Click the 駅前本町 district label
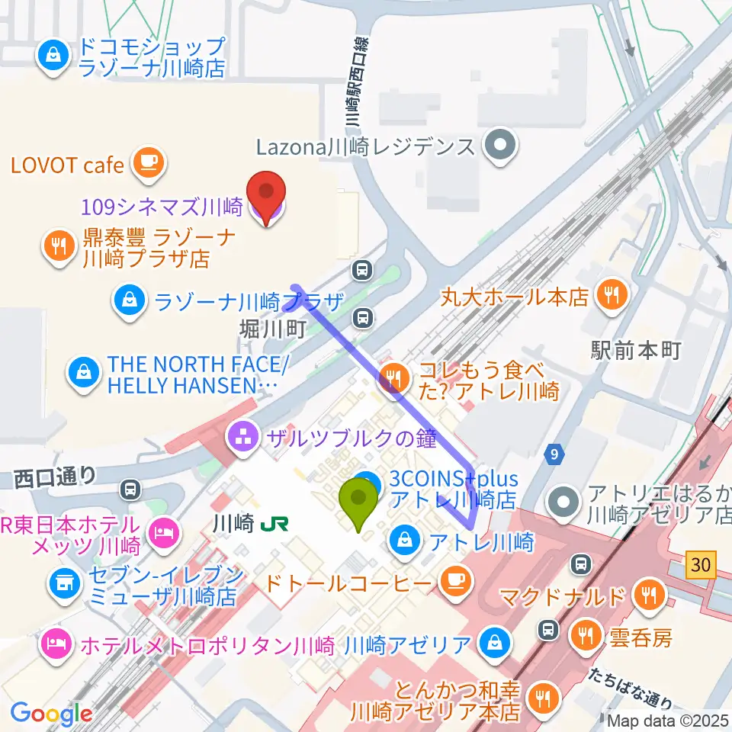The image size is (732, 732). pyautogui.click(x=635, y=351)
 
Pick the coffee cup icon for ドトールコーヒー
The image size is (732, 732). pyautogui.click(x=456, y=582)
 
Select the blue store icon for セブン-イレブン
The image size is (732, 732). pyautogui.click(x=64, y=583)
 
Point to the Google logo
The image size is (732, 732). pyautogui.click(x=51, y=714)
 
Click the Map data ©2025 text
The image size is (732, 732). pyautogui.click(x=667, y=721)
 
